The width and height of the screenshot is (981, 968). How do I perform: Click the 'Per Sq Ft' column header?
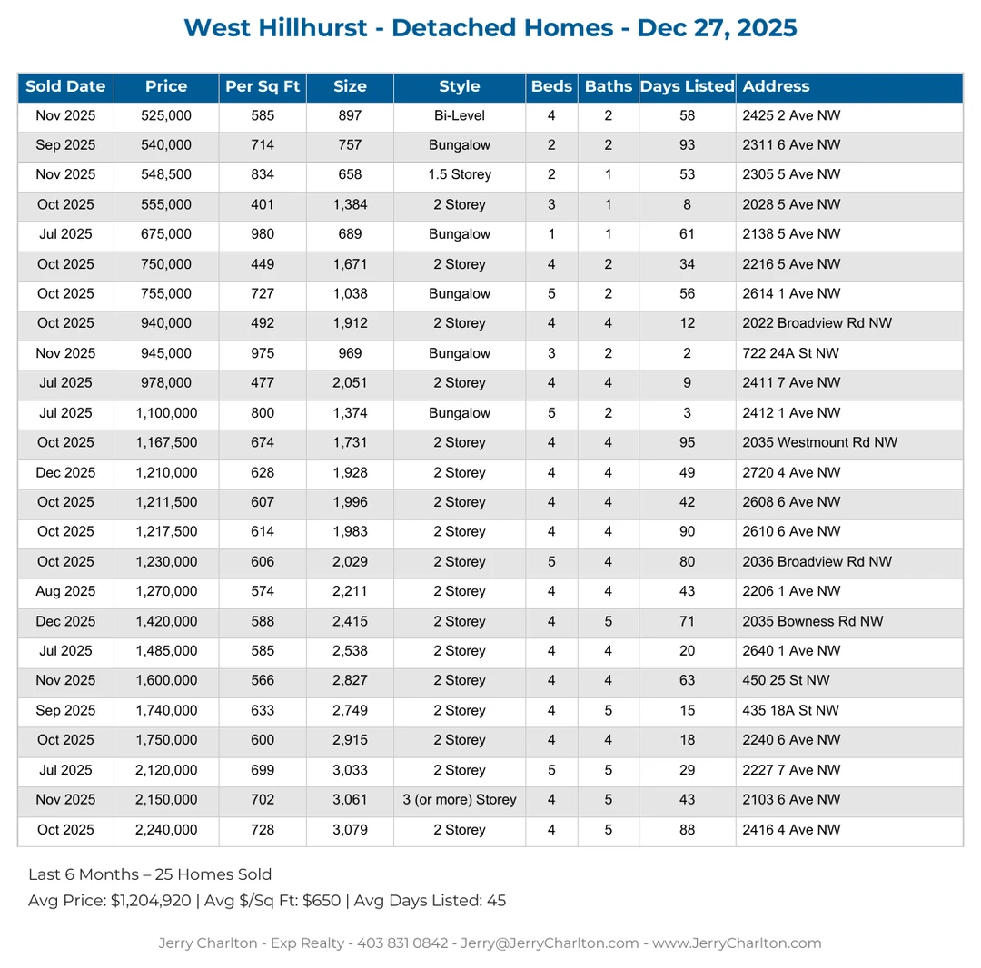pyautogui.click(x=263, y=87)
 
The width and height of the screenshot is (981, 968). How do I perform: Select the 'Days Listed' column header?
pyautogui.click(x=687, y=87)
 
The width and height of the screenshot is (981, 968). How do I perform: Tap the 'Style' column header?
pyautogui.click(x=459, y=87)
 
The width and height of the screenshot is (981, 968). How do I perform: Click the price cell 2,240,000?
pyautogui.click(x=166, y=830)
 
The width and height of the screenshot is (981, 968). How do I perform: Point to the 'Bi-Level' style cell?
pyautogui.click(x=459, y=115)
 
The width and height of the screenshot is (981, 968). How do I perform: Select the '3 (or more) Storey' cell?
pyautogui.click(x=459, y=800)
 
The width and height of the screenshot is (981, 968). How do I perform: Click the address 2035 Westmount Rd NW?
pyautogui.click(x=819, y=443)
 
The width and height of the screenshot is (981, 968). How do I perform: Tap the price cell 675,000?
pyautogui.click(x=166, y=234)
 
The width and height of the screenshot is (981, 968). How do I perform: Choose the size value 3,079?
pyautogui.click(x=350, y=830)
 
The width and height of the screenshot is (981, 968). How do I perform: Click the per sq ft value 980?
pyautogui.click(x=263, y=234)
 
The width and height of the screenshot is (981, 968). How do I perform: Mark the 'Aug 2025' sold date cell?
pyautogui.click(x=65, y=592)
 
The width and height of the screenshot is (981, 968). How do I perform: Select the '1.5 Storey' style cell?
pyautogui.click(x=459, y=174)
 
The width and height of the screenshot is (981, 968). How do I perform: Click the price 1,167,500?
pyautogui.click(x=166, y=443)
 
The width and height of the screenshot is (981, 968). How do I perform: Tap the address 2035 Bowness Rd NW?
pyautogui.click(x=813, y=622)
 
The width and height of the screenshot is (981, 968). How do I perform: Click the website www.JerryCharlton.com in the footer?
pyautogui.click(x=737, y=943)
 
